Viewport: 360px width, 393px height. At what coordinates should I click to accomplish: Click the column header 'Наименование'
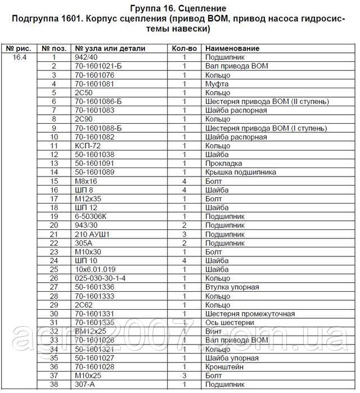click(228, 48)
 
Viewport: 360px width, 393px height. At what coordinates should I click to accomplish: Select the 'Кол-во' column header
click(184, 48)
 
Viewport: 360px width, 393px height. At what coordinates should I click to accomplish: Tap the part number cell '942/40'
click(85, 57)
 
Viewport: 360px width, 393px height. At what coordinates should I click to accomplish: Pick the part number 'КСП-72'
click(87, 145)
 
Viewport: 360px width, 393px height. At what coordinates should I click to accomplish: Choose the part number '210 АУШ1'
click(92, 234)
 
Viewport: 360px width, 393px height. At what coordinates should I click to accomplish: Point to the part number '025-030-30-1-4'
click(100, 278)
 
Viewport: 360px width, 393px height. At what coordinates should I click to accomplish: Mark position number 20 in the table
click(55, 225)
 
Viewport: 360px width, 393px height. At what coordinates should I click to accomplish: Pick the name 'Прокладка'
click(224, 163)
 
